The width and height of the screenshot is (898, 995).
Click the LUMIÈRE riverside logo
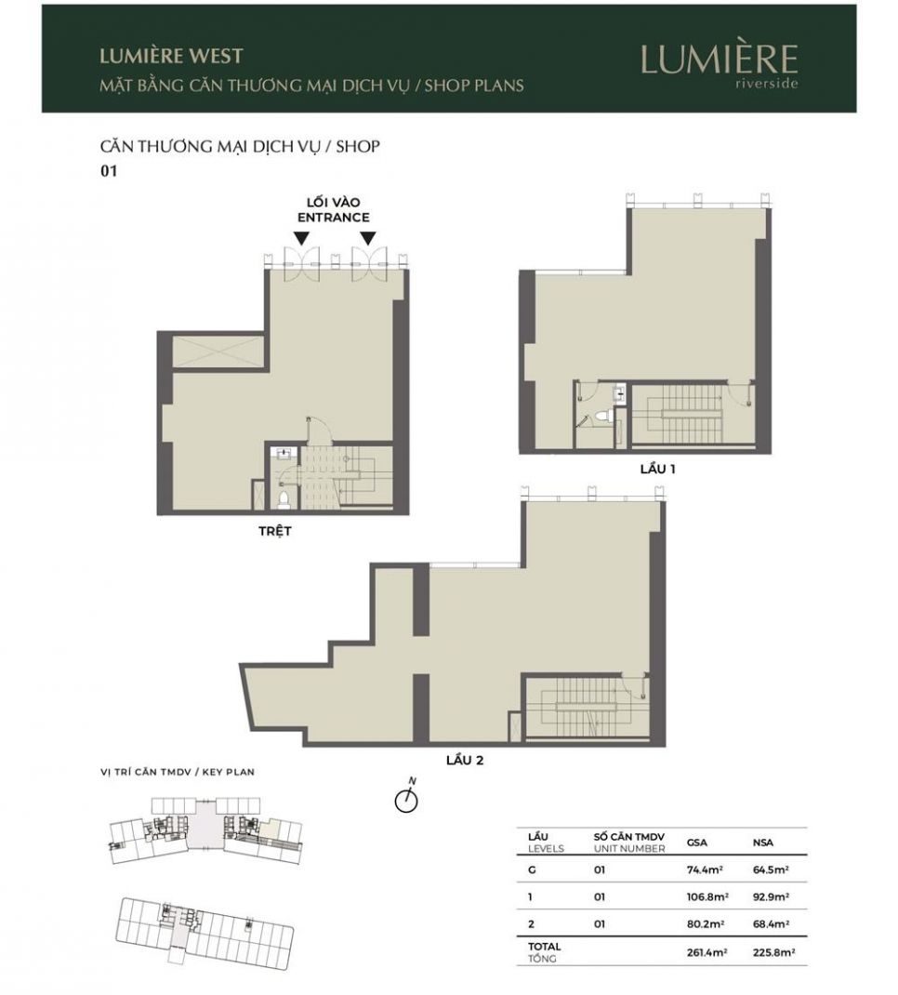click(720, 65)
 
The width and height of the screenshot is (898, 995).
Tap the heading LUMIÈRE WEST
click(171, 56)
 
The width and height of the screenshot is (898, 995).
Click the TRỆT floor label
click(274, 531)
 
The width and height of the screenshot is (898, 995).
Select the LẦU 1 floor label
click(657, 469)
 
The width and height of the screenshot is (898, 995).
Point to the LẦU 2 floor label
click(465, 760)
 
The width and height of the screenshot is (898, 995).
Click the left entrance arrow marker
click(302, 239)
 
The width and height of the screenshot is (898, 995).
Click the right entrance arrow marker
click(368, 239)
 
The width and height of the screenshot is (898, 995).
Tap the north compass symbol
click(406, 798)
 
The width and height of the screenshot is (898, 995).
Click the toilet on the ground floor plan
click(284, 498)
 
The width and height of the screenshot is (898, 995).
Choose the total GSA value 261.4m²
click(707, 952)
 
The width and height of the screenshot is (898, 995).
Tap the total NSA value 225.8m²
click(773, 952)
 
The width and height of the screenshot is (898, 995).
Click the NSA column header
click(761, 842)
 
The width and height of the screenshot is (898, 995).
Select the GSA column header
click(696, 842)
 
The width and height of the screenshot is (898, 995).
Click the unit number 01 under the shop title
click(109, 171)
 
